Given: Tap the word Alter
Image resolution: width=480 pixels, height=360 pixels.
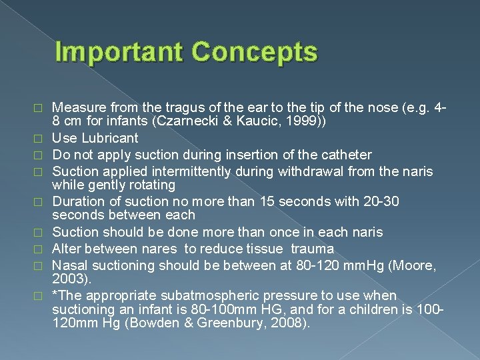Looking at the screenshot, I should pyautogui.click(x=67, y=249).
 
